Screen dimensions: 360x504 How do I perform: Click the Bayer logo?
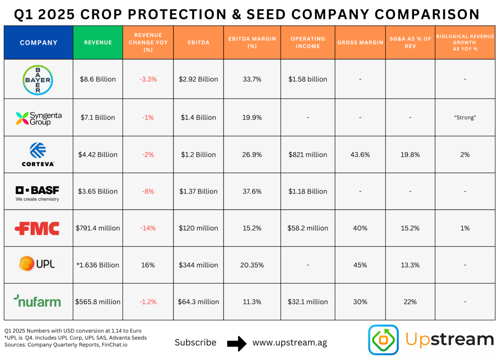38,80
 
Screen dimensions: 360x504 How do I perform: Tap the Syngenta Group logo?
38,118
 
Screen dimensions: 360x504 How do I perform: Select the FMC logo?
38,229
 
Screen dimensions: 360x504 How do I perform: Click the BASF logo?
37,193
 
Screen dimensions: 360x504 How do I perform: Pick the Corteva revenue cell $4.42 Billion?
98,154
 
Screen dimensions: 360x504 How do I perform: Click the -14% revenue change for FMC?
148,228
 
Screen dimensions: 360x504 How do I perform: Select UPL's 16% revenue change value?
148,265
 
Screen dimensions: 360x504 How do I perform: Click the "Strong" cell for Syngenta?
465,117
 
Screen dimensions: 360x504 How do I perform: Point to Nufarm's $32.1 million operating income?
308,301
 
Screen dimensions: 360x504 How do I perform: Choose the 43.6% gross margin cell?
360,154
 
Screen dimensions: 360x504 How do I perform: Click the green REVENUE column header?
98,43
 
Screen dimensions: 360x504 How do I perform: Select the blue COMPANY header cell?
39,43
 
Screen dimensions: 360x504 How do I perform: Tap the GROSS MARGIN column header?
360,43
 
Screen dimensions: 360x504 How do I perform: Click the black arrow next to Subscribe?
237,343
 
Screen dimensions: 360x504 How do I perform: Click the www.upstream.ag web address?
289,343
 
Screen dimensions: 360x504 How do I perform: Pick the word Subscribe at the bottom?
195,342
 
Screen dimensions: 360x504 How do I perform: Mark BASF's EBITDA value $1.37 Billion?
199,192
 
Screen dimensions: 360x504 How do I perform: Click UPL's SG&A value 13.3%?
410,265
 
